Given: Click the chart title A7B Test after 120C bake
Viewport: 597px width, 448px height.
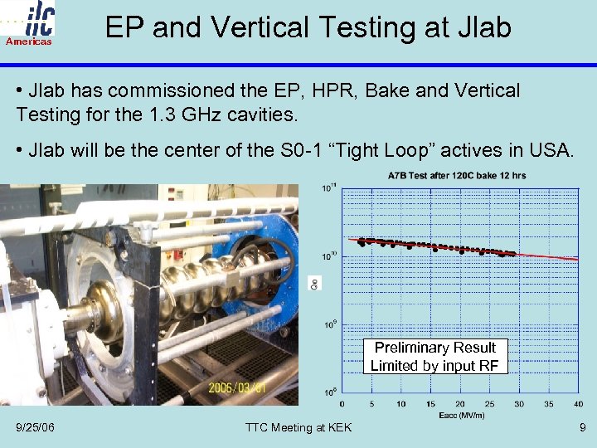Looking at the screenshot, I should (456, 176).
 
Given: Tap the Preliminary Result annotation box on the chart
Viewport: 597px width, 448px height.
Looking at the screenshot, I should (434, 357).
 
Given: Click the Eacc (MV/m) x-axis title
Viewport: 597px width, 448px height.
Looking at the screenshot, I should (461, 414).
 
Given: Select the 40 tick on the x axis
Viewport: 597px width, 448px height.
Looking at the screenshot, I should (578, 404).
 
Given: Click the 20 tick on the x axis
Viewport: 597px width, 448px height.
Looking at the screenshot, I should (460, 404).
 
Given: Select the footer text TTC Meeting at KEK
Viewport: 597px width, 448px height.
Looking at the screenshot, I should (298, 427).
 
